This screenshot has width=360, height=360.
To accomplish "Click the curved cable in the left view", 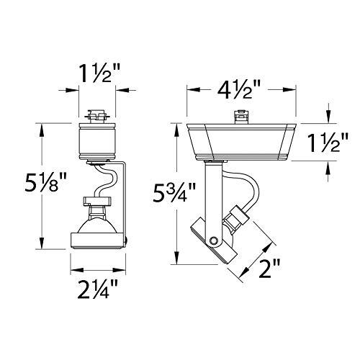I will tap(108, 180).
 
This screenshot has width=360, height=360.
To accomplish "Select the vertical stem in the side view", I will tap(210, 191).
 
